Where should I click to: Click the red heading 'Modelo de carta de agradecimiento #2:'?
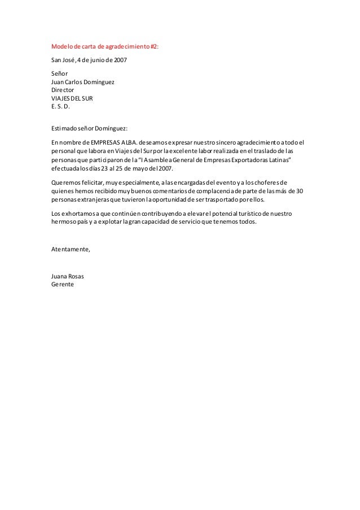105,47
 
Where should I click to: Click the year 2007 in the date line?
120,59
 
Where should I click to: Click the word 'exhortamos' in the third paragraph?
77,213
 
